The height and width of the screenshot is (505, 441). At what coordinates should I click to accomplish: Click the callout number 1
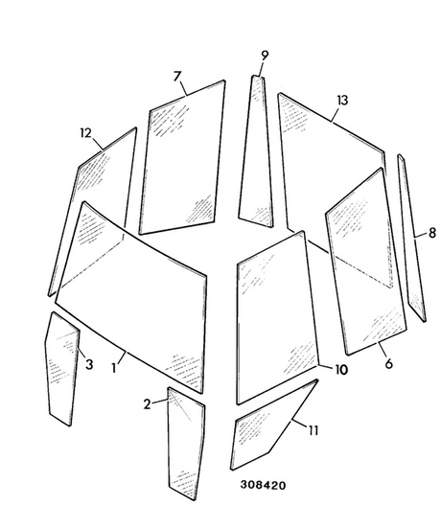tap(114, 368)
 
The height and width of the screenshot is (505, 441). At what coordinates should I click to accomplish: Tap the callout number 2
tap(147, 404)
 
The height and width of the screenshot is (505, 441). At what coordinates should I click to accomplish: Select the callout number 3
tap(89, 364)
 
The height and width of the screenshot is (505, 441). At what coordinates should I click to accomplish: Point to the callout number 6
tap(389, 363)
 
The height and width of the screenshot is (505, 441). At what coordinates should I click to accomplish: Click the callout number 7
tap(177, 77)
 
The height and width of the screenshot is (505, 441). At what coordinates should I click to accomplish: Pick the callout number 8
tap(432, 233)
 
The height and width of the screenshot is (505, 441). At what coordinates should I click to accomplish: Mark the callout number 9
tap(265, 56)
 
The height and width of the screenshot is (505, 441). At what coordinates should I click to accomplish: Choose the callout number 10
tap(341, 370)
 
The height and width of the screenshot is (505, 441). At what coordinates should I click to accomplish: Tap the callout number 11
tap(313, 430)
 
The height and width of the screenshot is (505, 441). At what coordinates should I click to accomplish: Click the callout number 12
tap(85, 133)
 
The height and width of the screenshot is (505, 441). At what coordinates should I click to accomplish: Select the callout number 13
tap(343, 101)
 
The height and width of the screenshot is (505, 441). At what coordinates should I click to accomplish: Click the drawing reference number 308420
tap(263, 485)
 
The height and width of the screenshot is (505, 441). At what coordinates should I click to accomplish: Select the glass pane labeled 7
tap(183, 158)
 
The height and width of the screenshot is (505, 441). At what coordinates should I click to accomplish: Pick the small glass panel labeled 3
tap(62, 367)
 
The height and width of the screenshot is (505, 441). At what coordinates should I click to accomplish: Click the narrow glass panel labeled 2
tap(186, 445)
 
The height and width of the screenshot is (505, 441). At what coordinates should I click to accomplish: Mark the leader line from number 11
tap(299, 424)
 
